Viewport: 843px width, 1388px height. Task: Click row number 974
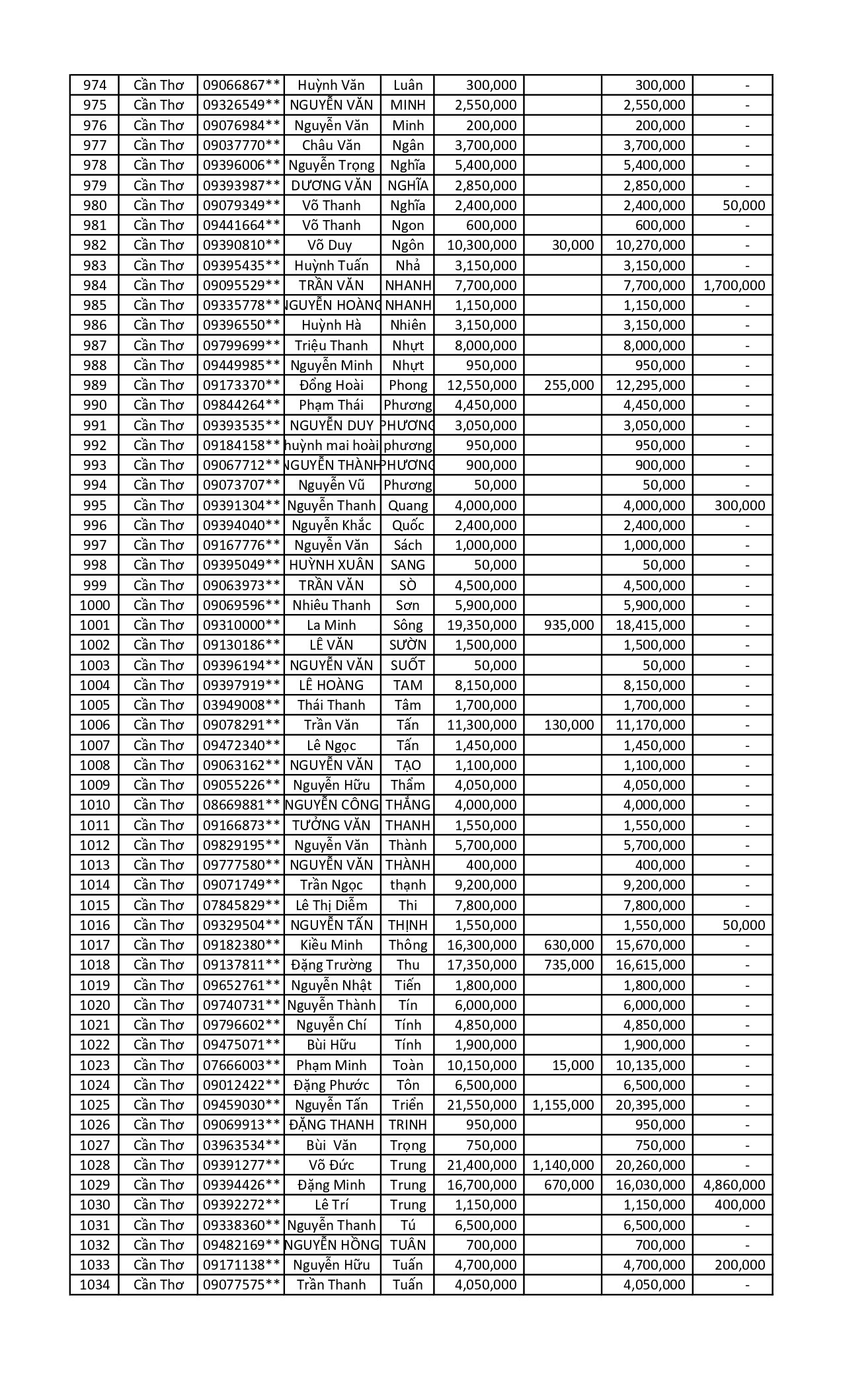[x=95, y=85]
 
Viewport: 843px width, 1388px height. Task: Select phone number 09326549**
[x=242, y=105]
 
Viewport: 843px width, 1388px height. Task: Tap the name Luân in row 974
[x=407, y=85]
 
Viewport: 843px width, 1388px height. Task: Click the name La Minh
[x=331, y=625]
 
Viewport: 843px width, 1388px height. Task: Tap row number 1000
[x=95, y=605]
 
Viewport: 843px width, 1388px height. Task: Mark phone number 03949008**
[x=242, y=705]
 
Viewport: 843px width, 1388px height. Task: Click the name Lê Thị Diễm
[x=331, y=905]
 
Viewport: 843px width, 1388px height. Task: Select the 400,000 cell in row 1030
[x=740, y=1205]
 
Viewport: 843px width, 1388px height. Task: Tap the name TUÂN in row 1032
[x=407, y=1245]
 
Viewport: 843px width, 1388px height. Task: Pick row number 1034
[x=95, y=1285]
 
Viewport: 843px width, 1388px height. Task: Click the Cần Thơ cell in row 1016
[x=158, y=925]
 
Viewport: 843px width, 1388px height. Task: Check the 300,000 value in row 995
[x=740, y=506]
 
